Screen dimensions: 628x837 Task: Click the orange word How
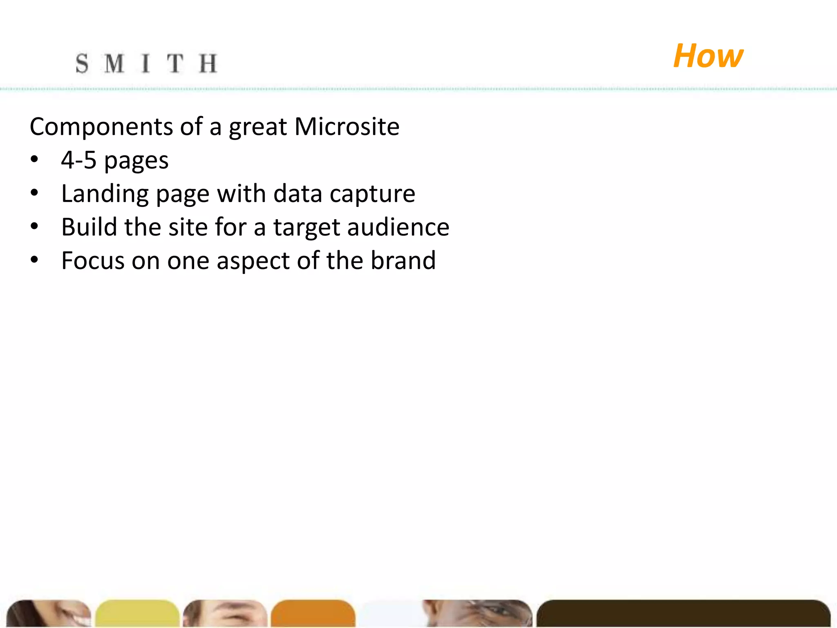[708, 56]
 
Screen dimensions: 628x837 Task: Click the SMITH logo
[146, 64]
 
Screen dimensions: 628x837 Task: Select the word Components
[101, 126]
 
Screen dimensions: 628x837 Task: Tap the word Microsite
[347, 126]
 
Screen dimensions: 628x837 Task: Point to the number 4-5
[78, 160]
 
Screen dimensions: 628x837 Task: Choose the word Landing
[105, 194]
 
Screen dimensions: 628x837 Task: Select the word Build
[89, 227]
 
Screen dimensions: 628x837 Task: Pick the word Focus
[93, 260]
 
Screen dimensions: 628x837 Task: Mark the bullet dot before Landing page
[34, 192]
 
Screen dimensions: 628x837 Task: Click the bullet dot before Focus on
[34, 259]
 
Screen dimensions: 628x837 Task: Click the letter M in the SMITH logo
[114, 64]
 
